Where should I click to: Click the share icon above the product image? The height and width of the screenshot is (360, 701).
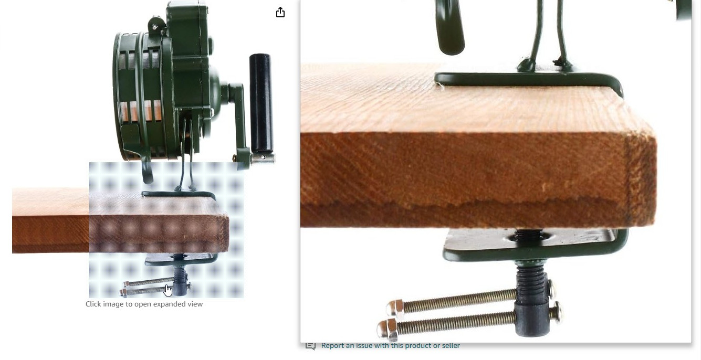coord(280,12)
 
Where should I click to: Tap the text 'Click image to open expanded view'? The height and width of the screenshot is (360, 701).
coord(144,304)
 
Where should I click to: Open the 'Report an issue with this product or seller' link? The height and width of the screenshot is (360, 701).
coord(390,346)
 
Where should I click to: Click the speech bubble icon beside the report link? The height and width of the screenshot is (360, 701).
coord(310,346)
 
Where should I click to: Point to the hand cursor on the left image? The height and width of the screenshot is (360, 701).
coord(168,290)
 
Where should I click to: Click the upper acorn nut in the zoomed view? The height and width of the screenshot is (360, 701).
coord(395,308)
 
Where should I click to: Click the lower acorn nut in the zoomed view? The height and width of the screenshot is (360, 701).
coord(388,330)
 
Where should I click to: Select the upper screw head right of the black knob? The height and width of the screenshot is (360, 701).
coord(551,289)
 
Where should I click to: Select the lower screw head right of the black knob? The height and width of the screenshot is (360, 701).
coord(557,312)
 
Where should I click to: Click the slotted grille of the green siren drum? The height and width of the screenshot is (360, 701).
coord(138,78)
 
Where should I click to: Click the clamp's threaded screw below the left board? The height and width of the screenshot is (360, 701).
coord(179,275)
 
